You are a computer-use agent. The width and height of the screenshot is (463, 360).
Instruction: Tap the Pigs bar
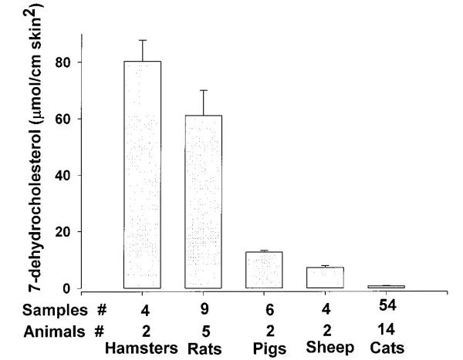click(x=264, y=270)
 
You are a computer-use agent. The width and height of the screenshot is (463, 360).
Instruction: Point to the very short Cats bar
click(x=385, y=287)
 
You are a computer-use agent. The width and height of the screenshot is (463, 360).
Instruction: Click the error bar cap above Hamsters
click(x=142, y=40)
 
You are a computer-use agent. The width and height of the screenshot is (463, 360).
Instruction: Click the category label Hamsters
click(x=142, y=347)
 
